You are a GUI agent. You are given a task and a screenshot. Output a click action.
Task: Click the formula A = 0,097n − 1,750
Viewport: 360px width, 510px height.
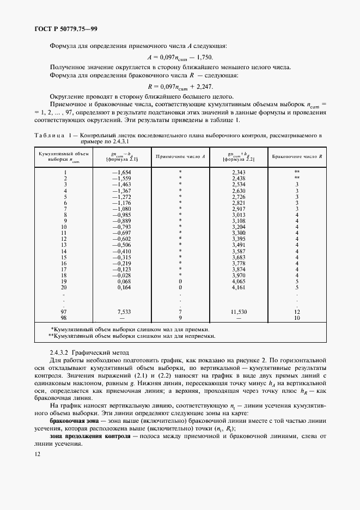(x=180, y=57)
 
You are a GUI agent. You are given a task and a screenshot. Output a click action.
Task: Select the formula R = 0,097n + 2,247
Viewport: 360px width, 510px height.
(x=180, y=86)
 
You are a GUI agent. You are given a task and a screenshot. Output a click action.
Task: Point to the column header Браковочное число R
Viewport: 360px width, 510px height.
(x=297, y=156)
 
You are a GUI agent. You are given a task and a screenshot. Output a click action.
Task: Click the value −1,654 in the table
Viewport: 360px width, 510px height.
(x=122, y=172)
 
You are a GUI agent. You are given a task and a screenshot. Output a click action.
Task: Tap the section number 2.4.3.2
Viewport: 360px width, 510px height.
(x=60, y=354)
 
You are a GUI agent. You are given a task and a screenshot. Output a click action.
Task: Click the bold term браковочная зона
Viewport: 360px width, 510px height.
(x=73, y=421)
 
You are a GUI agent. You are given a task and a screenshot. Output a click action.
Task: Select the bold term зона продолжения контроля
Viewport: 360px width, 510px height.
(x=90, y=438)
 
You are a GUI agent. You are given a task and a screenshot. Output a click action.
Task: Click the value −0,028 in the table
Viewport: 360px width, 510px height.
(x=122, y=276)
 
